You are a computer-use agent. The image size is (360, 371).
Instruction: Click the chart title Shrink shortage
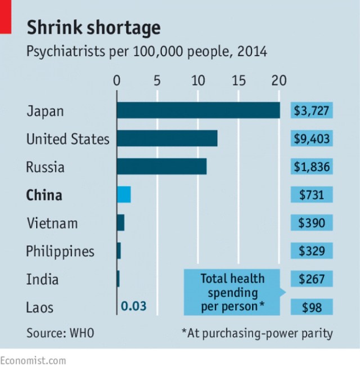click(93, 28)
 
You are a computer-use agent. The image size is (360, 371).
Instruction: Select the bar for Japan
click(198, 110)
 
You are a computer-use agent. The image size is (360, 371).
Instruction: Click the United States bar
click(166, 138)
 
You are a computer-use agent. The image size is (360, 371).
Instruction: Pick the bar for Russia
click(161, 167)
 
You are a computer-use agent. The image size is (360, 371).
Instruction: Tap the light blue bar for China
click(124, 195)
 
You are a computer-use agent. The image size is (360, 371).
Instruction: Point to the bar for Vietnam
click(120, 223)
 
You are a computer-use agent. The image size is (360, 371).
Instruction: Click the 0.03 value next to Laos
click(134, 307)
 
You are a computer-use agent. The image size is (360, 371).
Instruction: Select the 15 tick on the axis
click(238, 81)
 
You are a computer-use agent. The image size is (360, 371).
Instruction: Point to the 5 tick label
click(157, 81)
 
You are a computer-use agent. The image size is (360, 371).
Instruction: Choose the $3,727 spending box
click(312, 110)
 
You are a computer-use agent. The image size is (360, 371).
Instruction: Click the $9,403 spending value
click(312, 138)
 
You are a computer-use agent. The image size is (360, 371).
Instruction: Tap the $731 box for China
click(312, 195)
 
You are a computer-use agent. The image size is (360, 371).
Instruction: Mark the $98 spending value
click(312, 307)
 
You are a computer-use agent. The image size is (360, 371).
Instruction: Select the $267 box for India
click(312, 279)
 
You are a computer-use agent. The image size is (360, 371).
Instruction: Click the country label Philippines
click(60, 251)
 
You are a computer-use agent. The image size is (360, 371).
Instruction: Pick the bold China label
click(44, 195)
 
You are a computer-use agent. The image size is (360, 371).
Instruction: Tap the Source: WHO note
click(60, 333)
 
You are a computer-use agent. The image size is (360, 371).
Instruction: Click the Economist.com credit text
click(33, 360)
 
